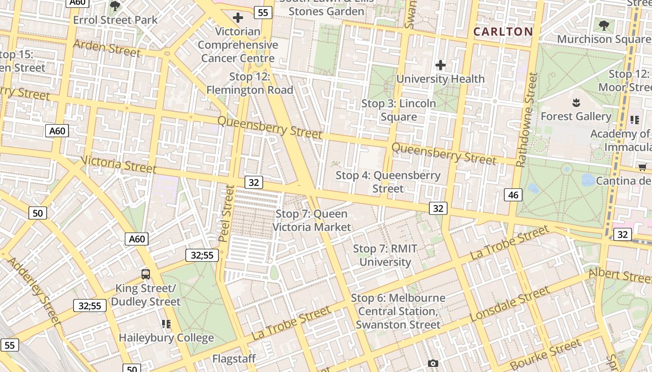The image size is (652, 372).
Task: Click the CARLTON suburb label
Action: click(503, 32)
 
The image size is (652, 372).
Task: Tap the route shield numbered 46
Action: click(513, 195)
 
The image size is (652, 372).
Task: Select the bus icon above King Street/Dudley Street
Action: click(146, 274)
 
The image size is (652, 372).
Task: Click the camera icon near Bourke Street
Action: click(433, 363)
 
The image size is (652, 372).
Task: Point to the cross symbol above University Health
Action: click(441, 65)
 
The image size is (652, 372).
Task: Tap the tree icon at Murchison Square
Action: click(604, 25)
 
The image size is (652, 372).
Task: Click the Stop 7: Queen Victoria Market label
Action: click(312, 220)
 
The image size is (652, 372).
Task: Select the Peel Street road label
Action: click(226, 213)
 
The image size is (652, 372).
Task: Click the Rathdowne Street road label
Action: click(526, 120)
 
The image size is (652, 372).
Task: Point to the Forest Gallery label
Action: click(576, 116)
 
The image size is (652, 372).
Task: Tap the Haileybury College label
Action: click(166, 338)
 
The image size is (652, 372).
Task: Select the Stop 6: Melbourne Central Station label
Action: click(398, 311)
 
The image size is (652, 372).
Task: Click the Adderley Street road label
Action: click(34, 290)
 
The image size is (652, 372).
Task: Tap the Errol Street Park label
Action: click(115, 20)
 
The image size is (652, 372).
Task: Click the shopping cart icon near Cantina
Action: click(643, 167)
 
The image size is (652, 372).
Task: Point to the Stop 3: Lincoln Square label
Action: click(399, 110)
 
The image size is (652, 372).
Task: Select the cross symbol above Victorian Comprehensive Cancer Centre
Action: click(238, 18)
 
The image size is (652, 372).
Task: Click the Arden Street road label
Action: click(107, 48)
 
